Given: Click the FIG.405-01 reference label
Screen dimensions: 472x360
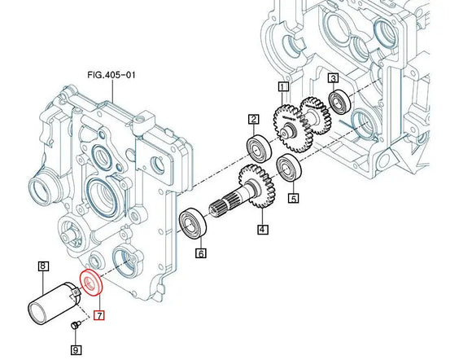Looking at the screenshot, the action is [111, 75].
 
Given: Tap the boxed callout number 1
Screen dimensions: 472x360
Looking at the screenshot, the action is [283, 87].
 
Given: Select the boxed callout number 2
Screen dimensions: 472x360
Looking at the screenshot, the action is [253, 120].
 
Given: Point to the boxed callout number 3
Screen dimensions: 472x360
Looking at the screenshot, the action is [333, 79].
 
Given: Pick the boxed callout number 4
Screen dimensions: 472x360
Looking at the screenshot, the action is [263, 230].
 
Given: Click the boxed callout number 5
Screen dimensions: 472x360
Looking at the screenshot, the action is [294, 198].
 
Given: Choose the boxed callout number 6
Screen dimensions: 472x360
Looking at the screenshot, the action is [201, 253].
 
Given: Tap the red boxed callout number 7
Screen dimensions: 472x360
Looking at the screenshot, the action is [99, 315].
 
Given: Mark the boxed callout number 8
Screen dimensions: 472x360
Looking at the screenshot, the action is [44, 266].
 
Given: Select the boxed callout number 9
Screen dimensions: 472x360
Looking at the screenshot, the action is [76, 350].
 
